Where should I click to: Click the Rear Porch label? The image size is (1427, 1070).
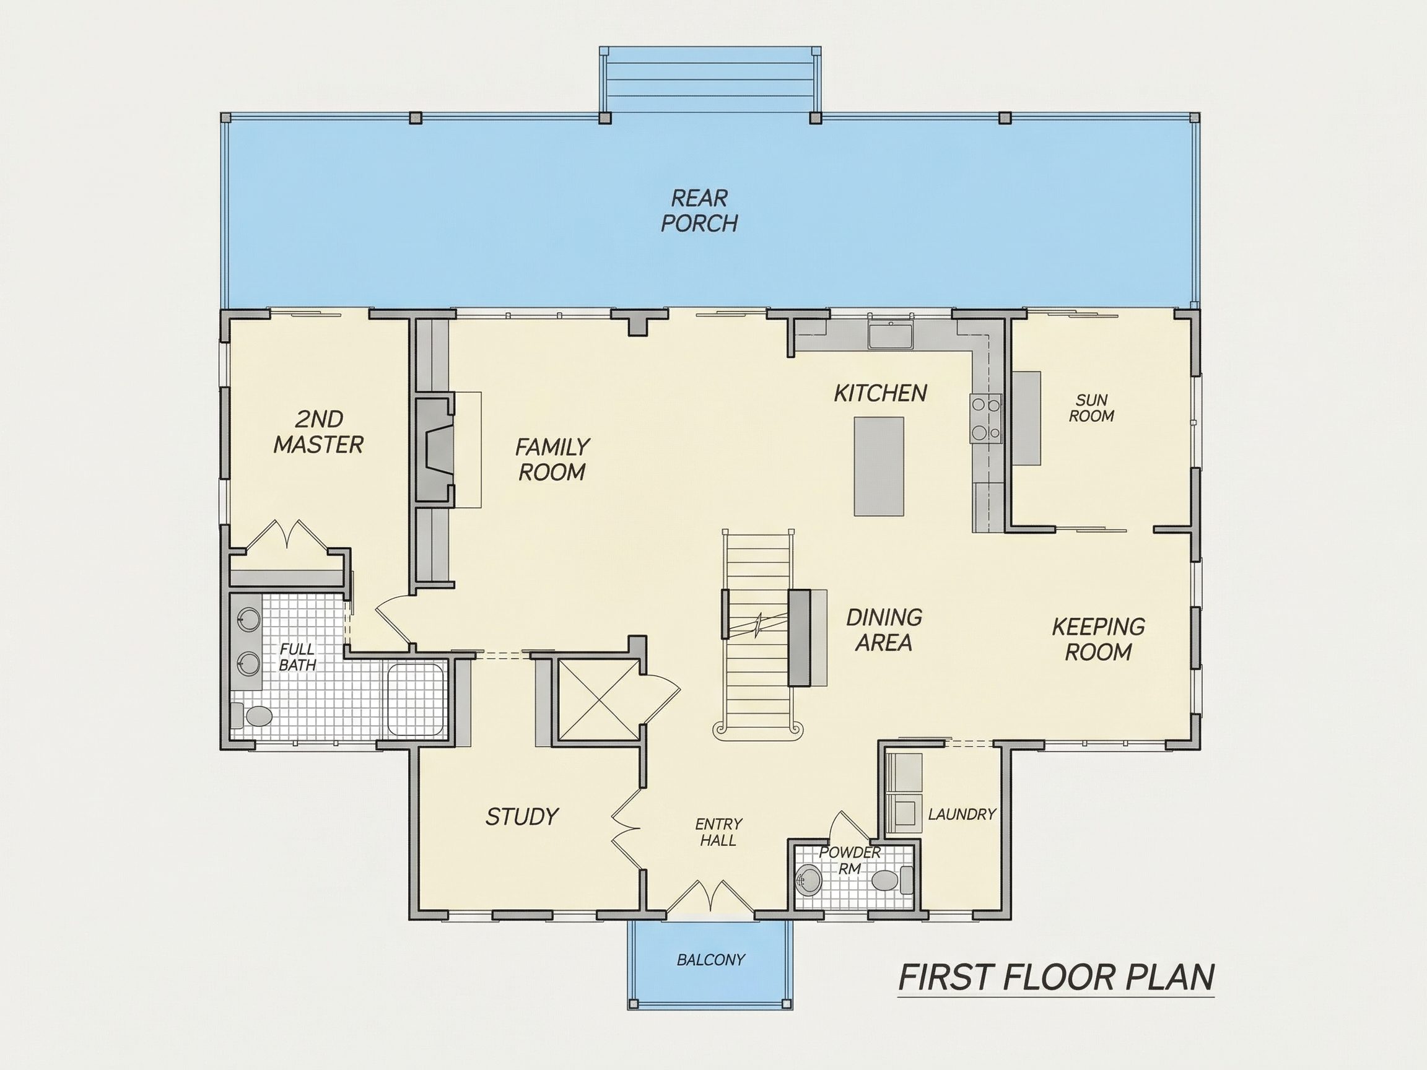point(699,211)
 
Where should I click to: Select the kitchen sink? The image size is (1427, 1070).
point(889,336)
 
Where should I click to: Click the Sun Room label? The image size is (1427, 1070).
point(1091,408)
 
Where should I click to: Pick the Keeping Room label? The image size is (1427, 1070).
point(1098,638)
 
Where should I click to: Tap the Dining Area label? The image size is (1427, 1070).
point(884,630)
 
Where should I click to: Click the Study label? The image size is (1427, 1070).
point(522,817)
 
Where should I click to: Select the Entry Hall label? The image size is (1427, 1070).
point(718,832)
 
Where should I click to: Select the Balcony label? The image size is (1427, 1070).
point(710,960)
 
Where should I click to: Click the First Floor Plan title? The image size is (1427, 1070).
point(1056,977)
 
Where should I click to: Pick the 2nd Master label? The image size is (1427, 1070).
point(319,432)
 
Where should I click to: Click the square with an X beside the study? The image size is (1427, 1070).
point(600,699)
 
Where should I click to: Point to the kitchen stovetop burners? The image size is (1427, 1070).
point(986,419)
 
